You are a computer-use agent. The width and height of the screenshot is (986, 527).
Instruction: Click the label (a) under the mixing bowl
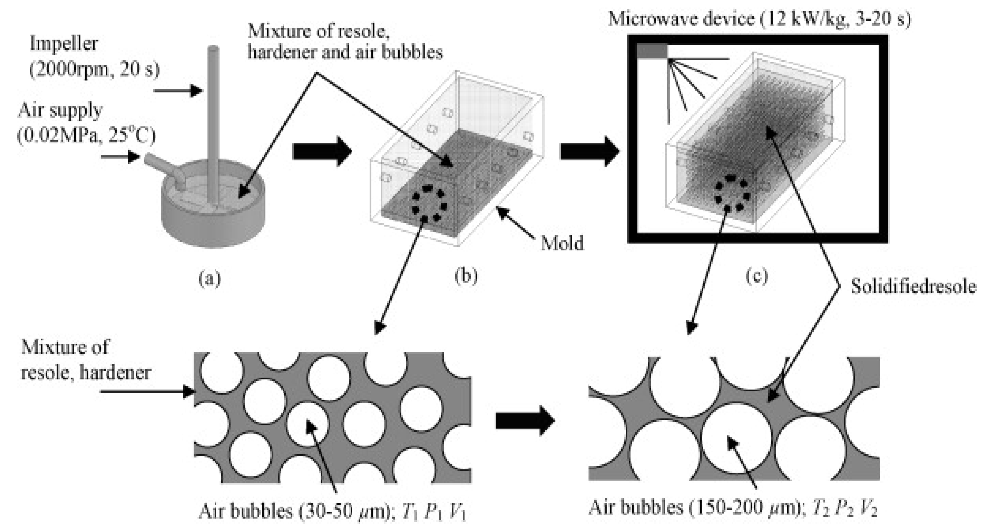point(210,279)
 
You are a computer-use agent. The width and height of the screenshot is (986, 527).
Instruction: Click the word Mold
point(562,243)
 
